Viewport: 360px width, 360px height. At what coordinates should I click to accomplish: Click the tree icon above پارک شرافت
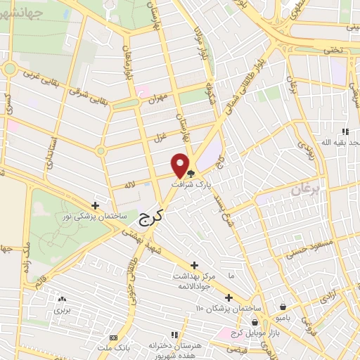(191, 172)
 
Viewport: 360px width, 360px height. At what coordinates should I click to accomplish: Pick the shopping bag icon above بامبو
(283, 307)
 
